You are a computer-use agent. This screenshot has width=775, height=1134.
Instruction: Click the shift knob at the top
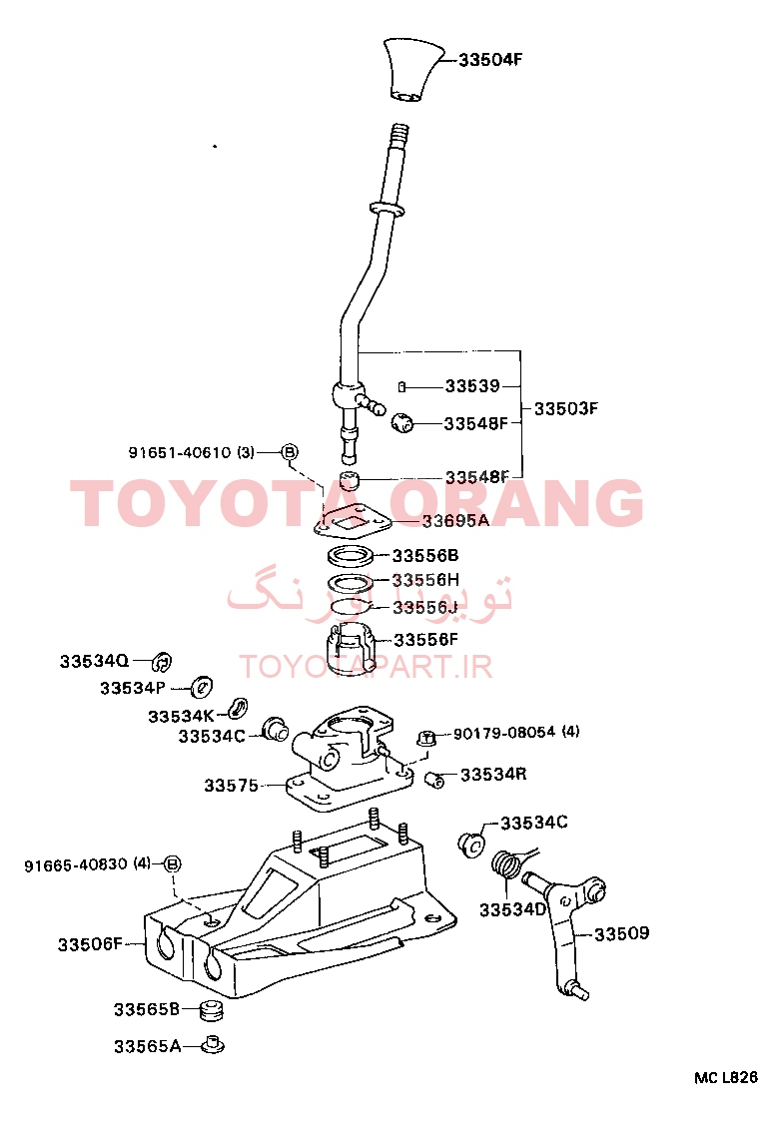(x=412, y=70)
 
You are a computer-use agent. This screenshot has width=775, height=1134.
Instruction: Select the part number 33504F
(x=490, y=59)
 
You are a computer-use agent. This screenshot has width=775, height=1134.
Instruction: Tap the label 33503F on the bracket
(x=566, y=408)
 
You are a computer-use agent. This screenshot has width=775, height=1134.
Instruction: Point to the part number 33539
(x=472, y=386)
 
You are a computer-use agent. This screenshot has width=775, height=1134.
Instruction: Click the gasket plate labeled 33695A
(x=353, y=522)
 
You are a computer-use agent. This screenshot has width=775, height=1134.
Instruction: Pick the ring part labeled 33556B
(x=351, y=557)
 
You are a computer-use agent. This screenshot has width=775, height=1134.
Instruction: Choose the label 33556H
(x=425, y=580)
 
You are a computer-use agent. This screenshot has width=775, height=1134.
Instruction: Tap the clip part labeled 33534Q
(x=163, y=661)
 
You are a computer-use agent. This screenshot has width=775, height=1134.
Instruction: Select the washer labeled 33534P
(x=201, y=686)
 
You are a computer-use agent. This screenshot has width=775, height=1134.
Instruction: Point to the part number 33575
(x=231, y=786)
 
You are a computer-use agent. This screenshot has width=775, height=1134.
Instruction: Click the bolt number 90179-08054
(x=504, y=733)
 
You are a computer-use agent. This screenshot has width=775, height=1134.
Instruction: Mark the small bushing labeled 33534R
(x=434, y=780)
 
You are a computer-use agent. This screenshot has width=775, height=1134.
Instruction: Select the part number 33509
(x=621, y=933)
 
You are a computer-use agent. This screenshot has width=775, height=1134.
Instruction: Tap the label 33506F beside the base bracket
(x=90, y=944)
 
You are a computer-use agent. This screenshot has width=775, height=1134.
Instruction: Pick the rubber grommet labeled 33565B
(x=211, y=1010)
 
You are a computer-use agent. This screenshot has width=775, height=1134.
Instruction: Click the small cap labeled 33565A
(x=212, y=1045)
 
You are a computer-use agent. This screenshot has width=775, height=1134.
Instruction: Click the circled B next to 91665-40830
(x=172, y=863)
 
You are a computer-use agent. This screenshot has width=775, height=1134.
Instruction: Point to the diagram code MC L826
(x=726, y=1077)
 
